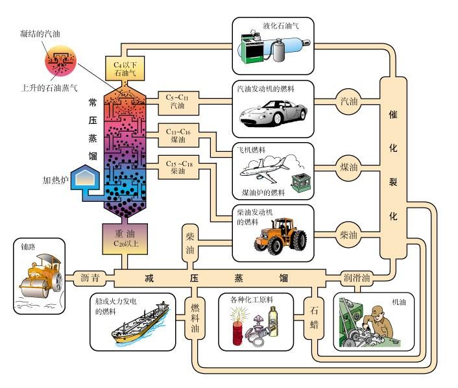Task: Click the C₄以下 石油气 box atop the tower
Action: tap(125, 68)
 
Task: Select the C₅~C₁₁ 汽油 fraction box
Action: tap(178, 103)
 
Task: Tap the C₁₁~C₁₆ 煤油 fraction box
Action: tap(178, 135)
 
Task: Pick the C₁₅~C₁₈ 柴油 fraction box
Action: tap(178, 167)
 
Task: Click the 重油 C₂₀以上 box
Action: tap(125, 239)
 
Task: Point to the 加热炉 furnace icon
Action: tap(85, 177)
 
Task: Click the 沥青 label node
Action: tap(90, 278)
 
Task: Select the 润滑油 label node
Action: tap(357, 278)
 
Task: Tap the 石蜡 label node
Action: tap(314, 318)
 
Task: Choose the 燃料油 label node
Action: tap(195, 318)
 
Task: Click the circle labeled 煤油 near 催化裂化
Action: tap(348, 167)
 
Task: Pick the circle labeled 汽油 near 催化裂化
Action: tap(348, 101)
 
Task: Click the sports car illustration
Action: tap(273, 113)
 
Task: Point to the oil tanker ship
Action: tap(140, 322)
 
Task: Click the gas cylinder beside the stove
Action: tap(280, 51)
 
